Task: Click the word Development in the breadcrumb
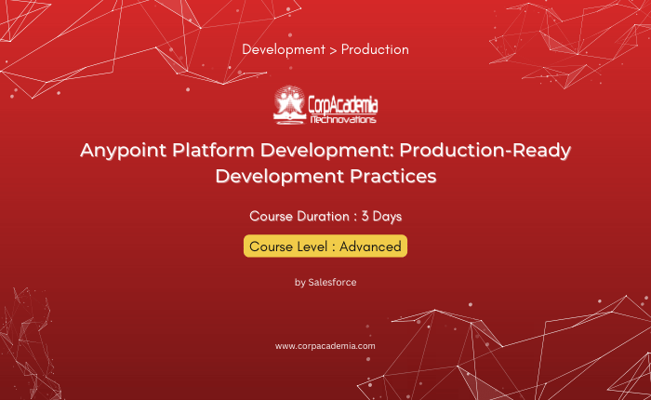284,50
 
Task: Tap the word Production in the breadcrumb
375,49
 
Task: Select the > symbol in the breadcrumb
333,50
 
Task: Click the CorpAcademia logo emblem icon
289,105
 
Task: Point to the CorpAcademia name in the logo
343,105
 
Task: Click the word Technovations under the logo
343,120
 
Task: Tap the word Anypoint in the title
124,151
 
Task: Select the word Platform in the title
213,150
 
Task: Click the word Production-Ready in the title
485,151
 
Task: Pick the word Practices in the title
392,176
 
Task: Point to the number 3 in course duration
365,217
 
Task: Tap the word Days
387,217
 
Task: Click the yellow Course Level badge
325,247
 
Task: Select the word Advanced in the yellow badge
370,247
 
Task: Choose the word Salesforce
332,283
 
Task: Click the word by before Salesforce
299,283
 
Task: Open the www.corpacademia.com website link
325,346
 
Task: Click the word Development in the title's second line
280,177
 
